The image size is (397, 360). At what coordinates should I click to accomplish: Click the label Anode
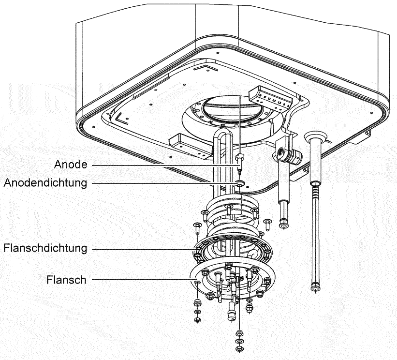[71, 165]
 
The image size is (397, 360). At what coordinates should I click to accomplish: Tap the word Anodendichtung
[45, 183]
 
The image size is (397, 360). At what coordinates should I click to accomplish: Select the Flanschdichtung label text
[45, 248]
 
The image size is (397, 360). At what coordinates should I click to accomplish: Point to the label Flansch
[66, 280]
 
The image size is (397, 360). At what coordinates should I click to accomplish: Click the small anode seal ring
[239, 183]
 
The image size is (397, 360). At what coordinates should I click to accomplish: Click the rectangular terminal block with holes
[270, 99]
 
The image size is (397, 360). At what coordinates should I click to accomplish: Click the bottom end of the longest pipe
[314, 289]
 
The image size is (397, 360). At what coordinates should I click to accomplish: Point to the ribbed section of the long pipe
[315, 193]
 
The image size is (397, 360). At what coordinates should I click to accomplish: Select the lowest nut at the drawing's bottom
[238, 349]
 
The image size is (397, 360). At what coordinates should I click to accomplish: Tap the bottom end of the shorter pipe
[283, 225]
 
